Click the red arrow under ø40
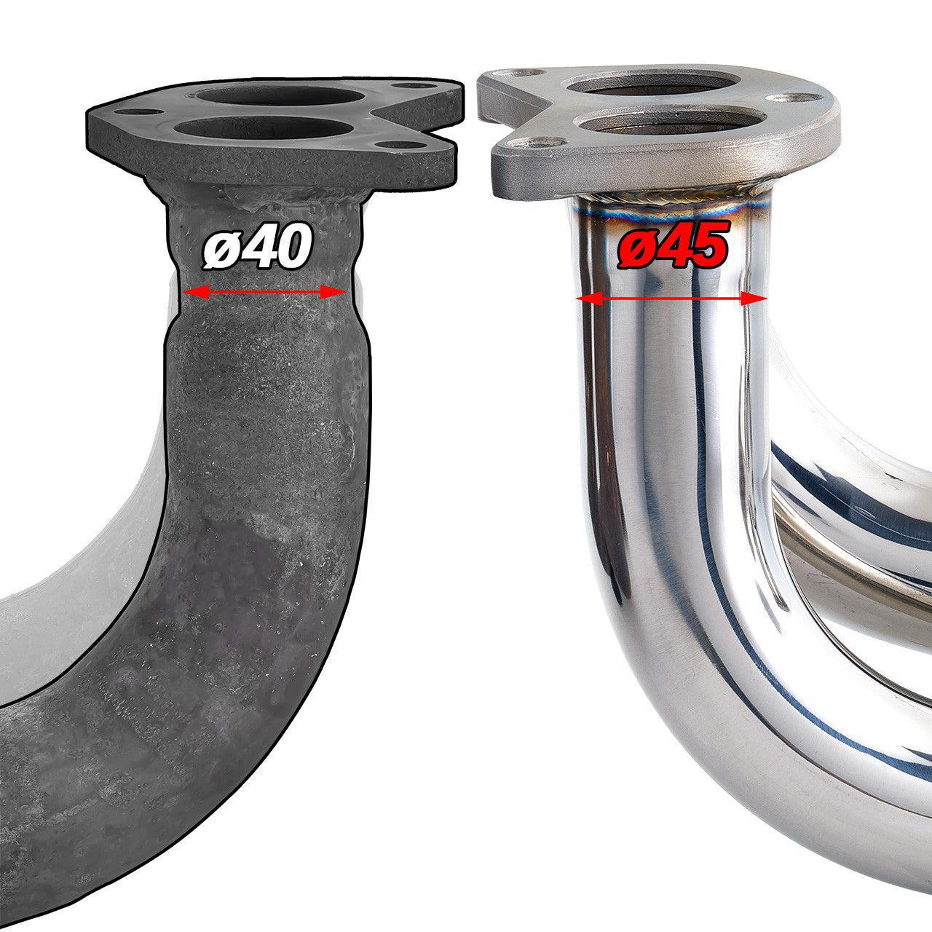click(264, 293)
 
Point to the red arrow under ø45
click(671, 299)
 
